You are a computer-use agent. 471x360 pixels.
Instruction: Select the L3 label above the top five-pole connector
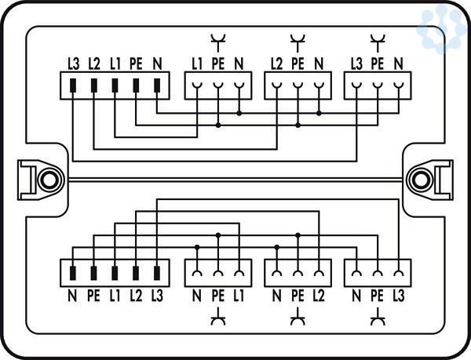(x=73, y=64)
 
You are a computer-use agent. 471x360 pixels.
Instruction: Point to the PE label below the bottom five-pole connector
(x=93, y=296)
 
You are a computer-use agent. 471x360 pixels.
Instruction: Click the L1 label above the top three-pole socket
(x=197, y=64)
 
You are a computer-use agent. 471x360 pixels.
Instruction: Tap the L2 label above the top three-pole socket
(x=276, y=64)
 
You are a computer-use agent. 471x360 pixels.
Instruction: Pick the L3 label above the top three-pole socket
(x=357, y=64)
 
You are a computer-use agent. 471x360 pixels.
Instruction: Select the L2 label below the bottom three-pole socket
(x=318, y=296)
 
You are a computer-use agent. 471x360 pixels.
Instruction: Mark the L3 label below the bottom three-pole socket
(x=399, y=296)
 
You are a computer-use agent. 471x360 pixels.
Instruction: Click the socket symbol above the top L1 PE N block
(x=217, y=39)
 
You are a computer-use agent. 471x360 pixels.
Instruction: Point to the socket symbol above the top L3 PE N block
(x=378, y=39)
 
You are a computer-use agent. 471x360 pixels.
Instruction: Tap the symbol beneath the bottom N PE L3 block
(x=378, y=319)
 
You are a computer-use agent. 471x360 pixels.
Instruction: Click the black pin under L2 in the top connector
(x=94, y=84)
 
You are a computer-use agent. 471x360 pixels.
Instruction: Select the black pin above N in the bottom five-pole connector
(x=73, y=273)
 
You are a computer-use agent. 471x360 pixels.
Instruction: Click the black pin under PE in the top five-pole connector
(x=136, y=84)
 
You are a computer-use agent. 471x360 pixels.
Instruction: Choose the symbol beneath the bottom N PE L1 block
(x=217, y=319)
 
